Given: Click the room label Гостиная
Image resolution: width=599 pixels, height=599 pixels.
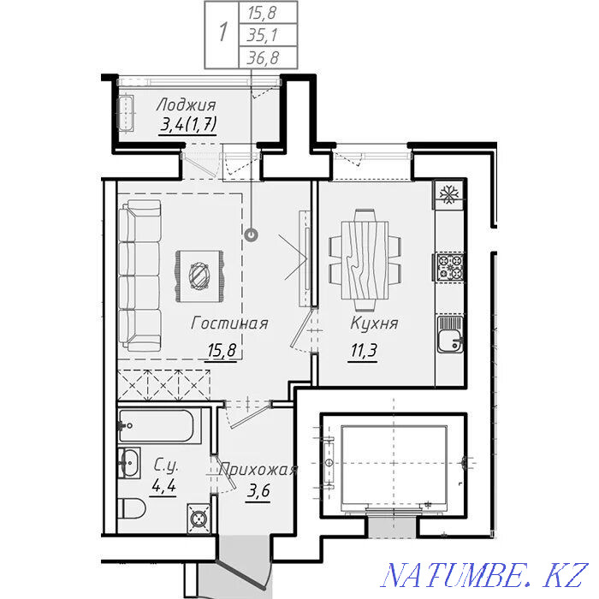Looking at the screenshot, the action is [x=229, y=323].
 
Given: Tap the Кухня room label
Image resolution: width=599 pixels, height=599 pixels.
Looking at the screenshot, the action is [x=375, y=323].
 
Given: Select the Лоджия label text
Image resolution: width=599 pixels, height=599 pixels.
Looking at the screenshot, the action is [x=186, y=104].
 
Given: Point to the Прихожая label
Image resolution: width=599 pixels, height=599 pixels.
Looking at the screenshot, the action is [x=258, y=469].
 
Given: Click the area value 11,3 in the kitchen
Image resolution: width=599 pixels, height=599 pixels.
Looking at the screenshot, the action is [x=364, y=350].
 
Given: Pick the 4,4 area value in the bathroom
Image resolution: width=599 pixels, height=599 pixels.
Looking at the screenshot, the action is [x=163, y=485].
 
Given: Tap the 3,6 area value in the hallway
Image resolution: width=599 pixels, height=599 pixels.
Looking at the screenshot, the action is [x=258, y=490].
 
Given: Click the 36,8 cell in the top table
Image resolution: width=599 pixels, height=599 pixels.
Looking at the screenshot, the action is [x=264, y=58].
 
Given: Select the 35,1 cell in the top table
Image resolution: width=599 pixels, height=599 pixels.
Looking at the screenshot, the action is [x=264, y=35].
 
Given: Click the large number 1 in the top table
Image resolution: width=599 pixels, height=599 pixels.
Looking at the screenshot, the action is [x=223, y=33].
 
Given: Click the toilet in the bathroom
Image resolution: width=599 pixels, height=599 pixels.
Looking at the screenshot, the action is [x=132, y=508].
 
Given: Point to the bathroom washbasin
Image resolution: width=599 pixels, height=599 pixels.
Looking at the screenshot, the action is [x=129, y=463].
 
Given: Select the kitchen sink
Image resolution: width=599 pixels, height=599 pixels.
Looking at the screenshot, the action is [x=450, y=335].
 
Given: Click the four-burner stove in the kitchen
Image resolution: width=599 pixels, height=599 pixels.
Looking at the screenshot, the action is [x=449, y=267].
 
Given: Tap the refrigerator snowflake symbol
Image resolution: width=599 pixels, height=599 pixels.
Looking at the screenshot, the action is [x=448, y=195].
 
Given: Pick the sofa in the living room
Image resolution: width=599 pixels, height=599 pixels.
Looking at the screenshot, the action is [x=139, y=276].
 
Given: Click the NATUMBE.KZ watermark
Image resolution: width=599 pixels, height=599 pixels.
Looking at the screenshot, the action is [x=484, y=575].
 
